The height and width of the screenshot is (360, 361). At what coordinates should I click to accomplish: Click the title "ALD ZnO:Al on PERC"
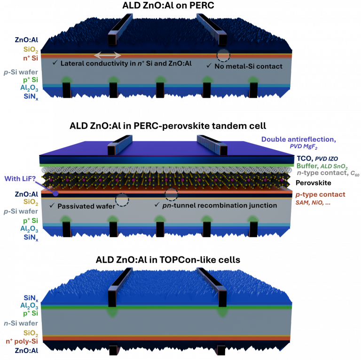168,5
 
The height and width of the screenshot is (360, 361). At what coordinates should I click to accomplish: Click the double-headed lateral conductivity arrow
108,56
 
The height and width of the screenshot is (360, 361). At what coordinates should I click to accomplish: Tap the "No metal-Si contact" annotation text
248,66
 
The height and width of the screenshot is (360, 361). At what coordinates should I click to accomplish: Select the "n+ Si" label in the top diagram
31,58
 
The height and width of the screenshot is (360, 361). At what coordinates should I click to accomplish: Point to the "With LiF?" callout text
20,179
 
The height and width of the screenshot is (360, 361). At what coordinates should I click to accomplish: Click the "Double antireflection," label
298,139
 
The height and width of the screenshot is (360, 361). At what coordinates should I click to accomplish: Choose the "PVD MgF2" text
304,146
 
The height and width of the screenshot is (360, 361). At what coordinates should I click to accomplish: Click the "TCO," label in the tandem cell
305,159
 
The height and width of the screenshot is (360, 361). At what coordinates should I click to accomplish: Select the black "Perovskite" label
314,183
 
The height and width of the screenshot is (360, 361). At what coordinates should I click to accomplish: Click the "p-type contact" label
320,195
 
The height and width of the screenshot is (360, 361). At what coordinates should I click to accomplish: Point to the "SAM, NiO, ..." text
313,203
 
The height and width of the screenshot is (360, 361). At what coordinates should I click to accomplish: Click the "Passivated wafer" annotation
86,206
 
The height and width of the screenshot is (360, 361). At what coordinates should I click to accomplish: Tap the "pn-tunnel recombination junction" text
220,205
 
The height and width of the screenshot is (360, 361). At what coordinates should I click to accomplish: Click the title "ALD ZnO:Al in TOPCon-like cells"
168,260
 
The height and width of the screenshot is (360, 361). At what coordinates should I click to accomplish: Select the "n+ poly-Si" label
22,342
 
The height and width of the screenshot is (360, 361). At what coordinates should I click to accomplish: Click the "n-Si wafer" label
21,323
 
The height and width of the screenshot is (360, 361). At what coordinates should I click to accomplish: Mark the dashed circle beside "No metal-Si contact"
223,56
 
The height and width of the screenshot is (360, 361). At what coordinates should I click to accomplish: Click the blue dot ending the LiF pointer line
56,193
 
